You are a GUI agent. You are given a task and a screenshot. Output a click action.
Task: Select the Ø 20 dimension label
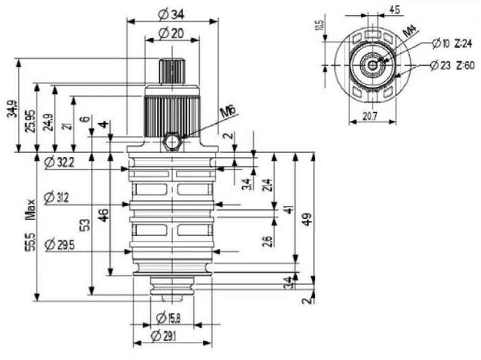coord(170,33)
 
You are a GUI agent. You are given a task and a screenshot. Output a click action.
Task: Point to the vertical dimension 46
coord(103,216)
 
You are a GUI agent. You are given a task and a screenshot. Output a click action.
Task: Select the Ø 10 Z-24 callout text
coord(455,43)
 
